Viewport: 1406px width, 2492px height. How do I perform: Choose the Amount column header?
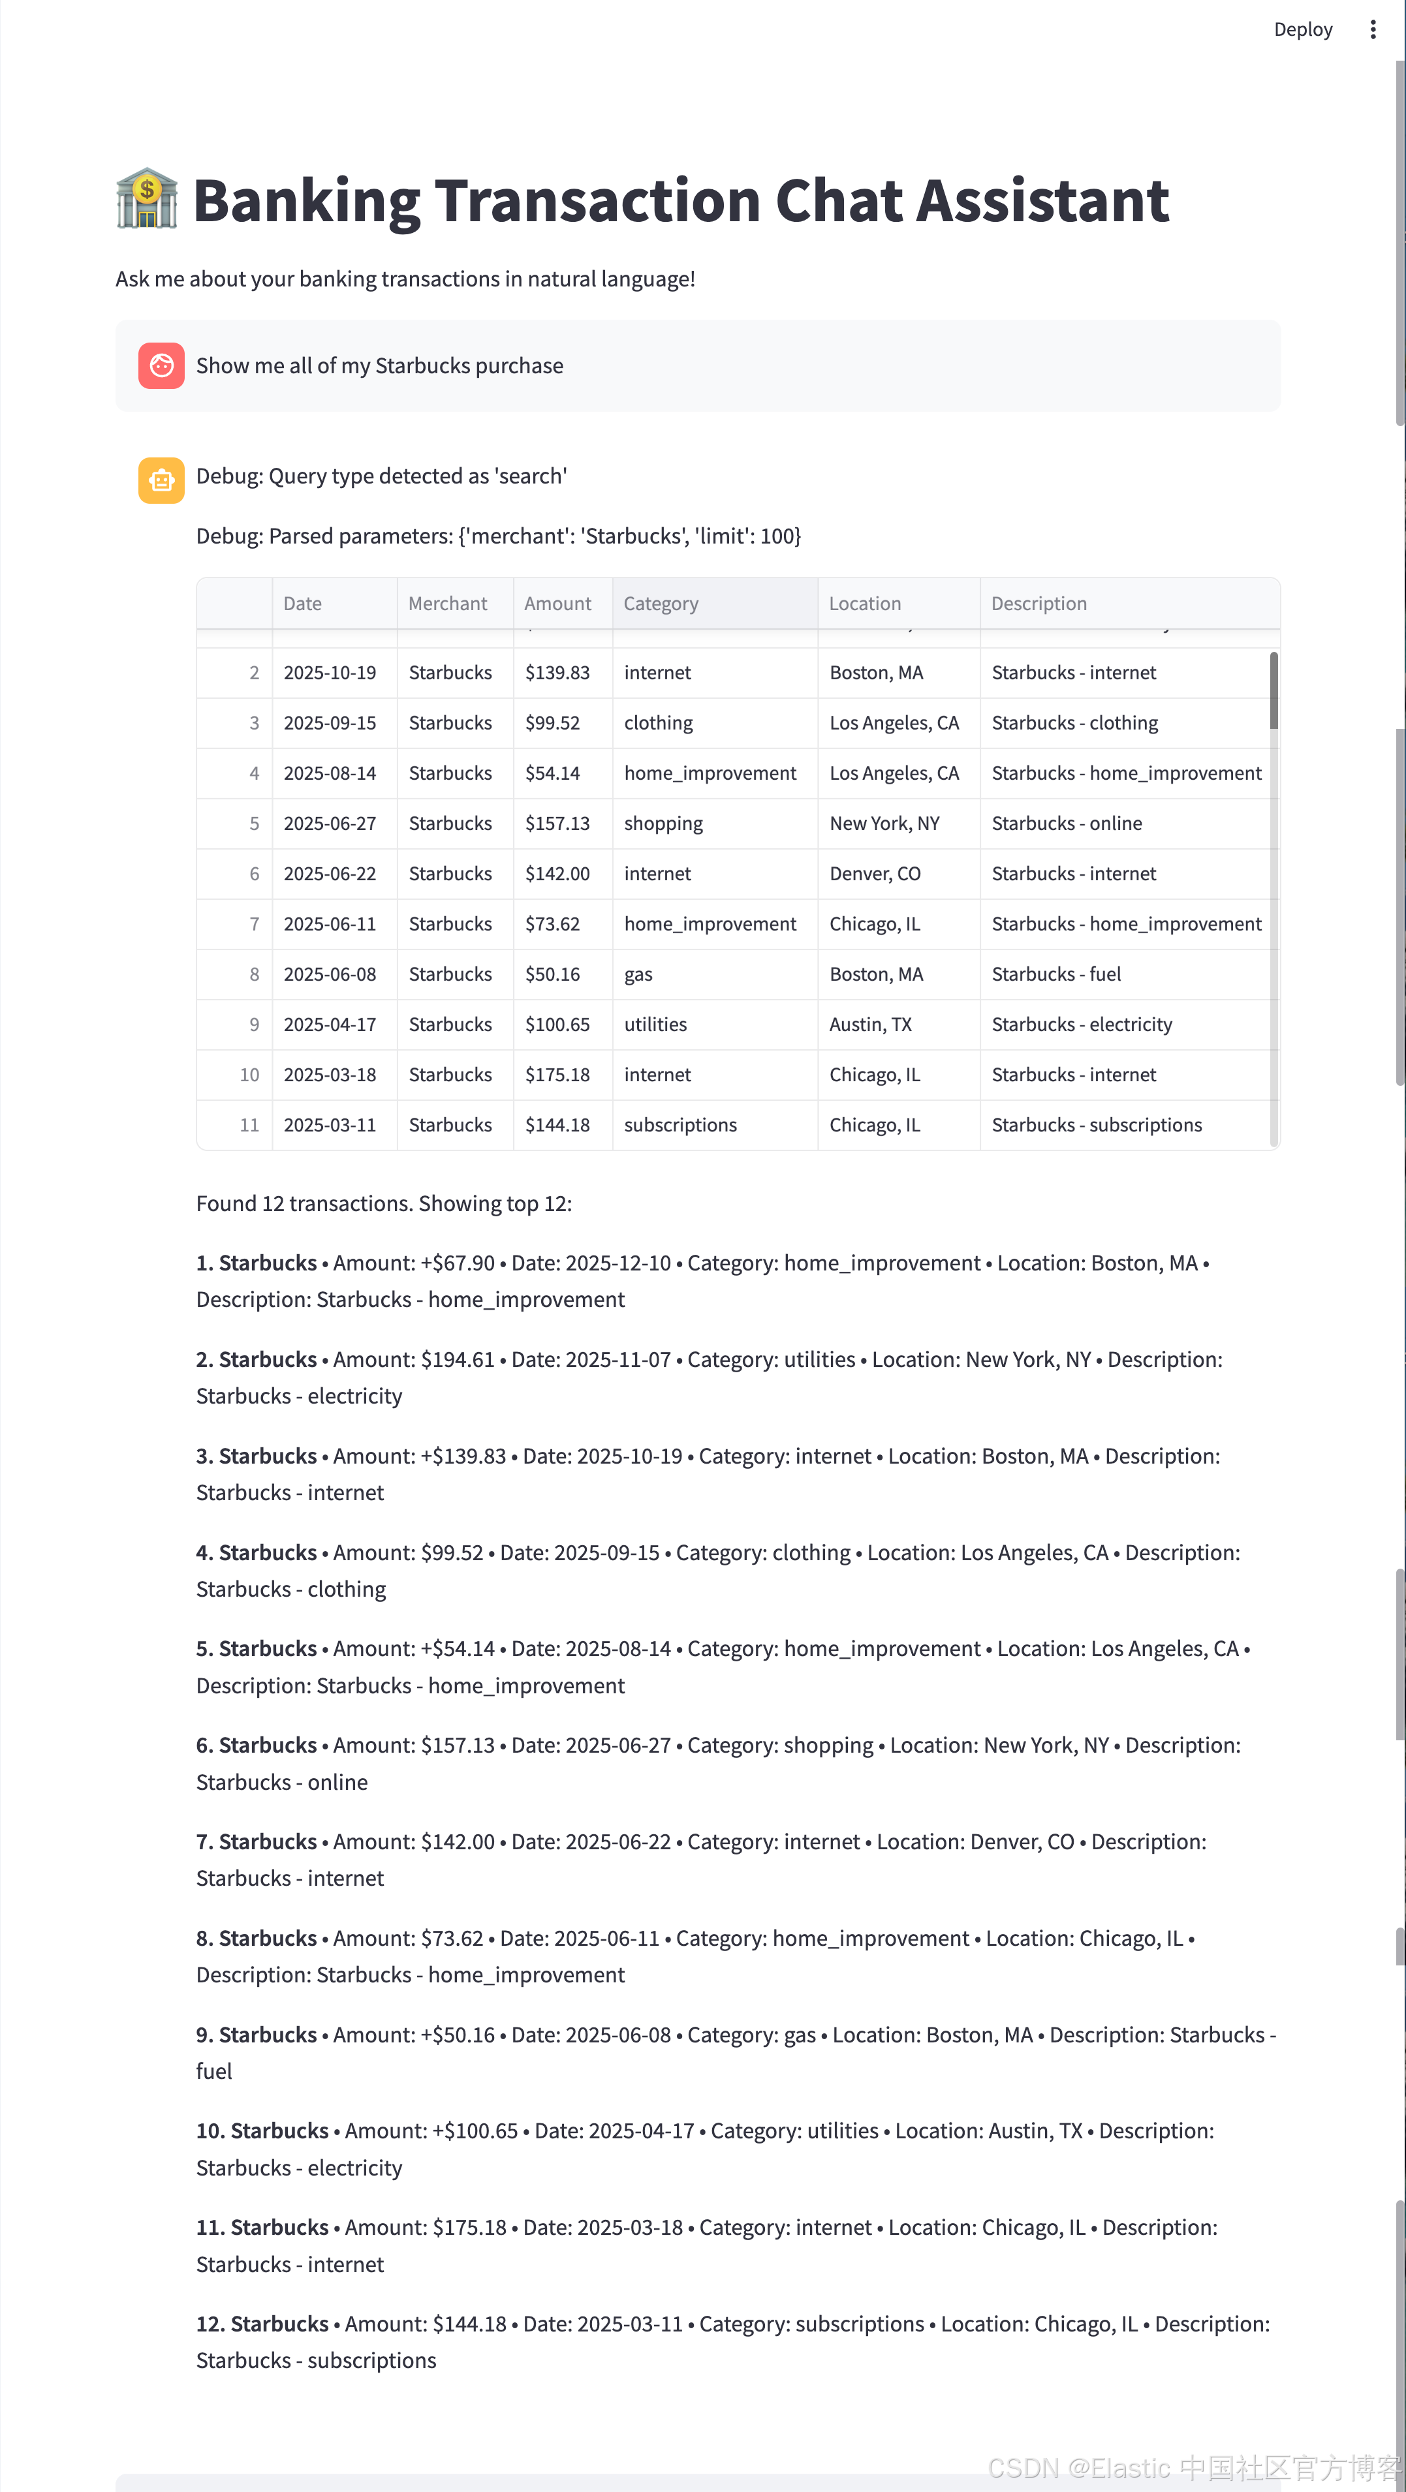557,604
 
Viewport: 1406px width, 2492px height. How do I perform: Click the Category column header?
661,604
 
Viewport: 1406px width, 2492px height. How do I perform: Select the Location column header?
864,604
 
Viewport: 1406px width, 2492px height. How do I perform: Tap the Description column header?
1039,604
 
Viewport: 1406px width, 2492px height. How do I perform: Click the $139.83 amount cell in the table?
557,672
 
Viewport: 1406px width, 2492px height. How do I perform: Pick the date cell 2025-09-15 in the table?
330,722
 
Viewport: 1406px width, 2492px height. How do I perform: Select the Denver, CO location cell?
875,874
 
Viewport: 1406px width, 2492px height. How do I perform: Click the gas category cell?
638,974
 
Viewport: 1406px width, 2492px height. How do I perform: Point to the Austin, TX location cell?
870,1024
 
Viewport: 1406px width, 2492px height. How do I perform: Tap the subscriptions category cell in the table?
680,1125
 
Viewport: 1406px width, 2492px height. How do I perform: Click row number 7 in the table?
253,924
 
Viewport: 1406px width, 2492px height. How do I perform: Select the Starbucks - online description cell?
1067,823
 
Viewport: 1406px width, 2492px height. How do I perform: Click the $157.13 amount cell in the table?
557,823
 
